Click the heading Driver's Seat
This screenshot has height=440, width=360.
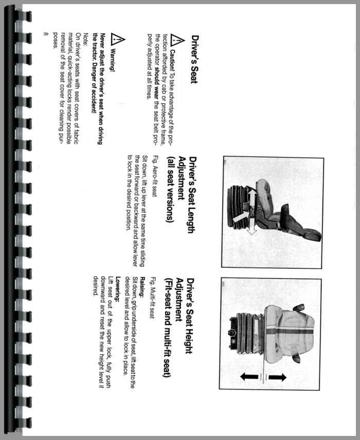click(x=195, y=59)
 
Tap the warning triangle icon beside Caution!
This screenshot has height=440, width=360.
click(x=177, y=41)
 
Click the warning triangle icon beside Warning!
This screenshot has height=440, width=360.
click(x=118, y=39)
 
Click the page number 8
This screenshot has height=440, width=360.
click(x=46, y=34)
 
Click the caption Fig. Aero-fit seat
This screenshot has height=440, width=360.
click(x=154, y=175)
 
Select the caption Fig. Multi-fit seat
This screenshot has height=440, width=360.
click(x=152, y=298)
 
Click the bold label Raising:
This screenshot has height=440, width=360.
click(x=142, y=287)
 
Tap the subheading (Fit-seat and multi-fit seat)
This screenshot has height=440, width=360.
click(x=167, y=327)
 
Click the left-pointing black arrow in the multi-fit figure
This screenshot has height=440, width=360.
click(x=249, y=377)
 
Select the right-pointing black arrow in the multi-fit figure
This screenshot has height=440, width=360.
click(x=278, y=377)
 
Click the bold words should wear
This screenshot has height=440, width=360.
click(x=157, y=83)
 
